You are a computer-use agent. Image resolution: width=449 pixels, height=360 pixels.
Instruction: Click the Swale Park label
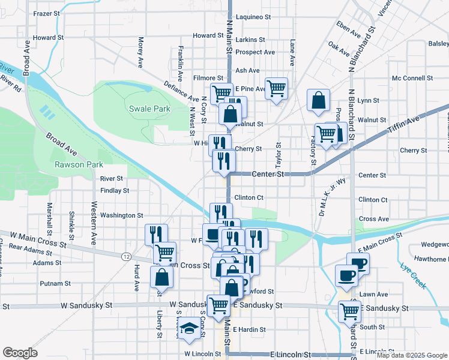(149, 109)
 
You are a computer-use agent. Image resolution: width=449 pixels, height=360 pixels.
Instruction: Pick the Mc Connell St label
(412, 78)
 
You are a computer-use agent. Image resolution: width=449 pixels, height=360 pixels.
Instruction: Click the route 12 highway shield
(126, 256)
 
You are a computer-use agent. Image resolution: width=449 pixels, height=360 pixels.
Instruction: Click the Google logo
(20, 352)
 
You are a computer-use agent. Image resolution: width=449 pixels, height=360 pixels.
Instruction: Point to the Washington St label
(121, 215)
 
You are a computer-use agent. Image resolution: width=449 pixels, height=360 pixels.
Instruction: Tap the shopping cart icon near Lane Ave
(276, 88)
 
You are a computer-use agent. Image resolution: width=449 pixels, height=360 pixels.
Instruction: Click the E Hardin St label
(249, 329)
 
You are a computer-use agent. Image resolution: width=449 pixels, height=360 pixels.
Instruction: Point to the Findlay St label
(115, 191)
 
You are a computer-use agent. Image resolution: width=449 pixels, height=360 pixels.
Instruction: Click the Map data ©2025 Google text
(412, 355)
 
